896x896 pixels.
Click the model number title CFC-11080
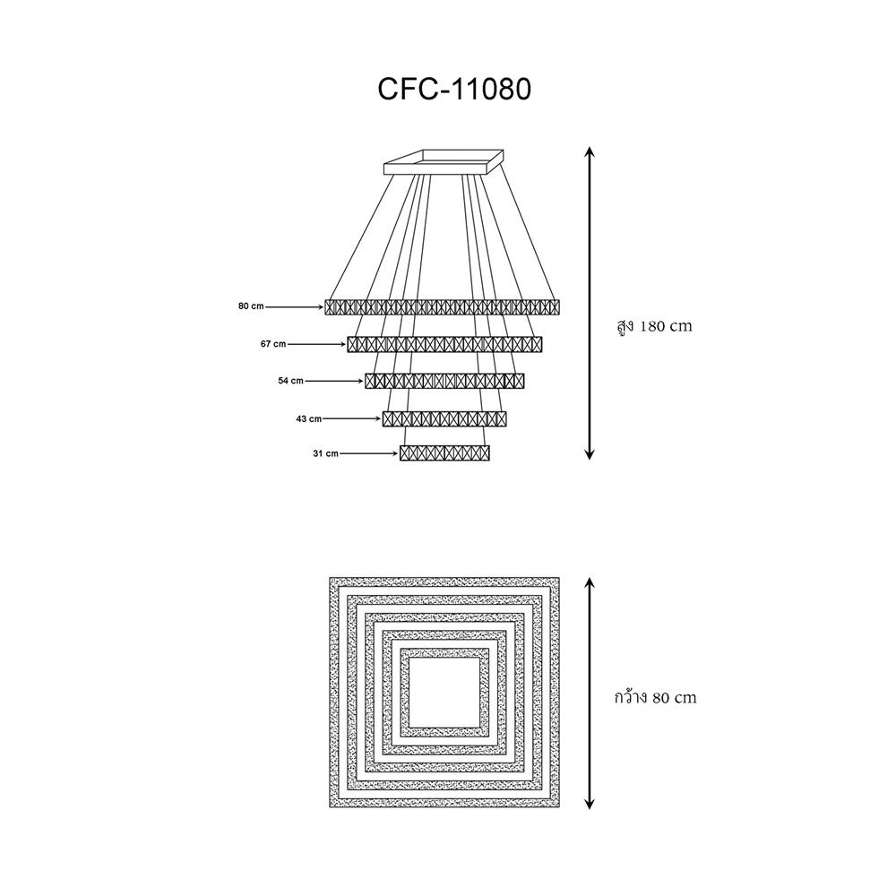pos(455,89)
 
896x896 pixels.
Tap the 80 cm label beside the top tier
pos(251,306)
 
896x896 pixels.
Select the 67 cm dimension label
pos(273,344)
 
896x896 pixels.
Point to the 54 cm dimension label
pos(291,381)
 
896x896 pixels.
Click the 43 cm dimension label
pos(308,418)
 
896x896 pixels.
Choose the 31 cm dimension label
pos(326,453)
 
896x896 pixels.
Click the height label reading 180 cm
pos(655,327)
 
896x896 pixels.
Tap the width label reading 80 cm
pos(656,698)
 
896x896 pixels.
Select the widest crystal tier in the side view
pos(443,307)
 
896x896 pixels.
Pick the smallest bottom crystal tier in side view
pos(444,453)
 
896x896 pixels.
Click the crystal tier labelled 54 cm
pos(444,381)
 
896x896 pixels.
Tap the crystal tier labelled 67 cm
pos(444,345)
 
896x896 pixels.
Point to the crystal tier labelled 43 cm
pos(444,418)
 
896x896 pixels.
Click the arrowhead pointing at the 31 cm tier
pos(395,453)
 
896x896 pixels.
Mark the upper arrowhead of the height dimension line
pos(590,151)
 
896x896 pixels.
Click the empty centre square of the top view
pos(444,692)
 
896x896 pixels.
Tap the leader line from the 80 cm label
pos(294,306)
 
